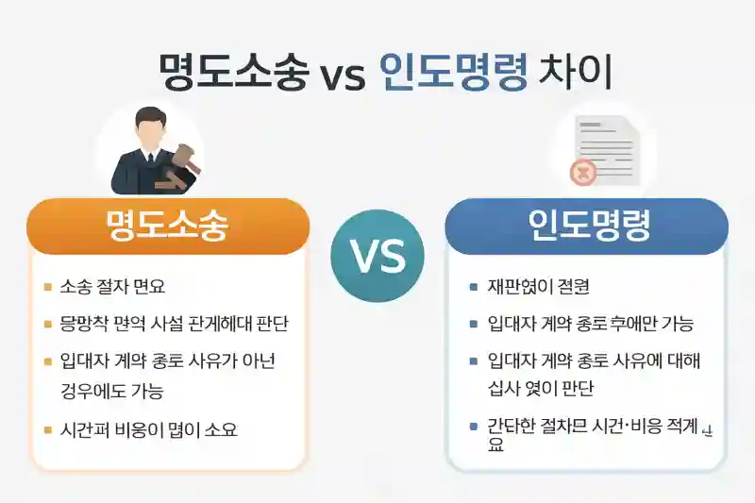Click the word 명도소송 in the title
click(x=233, y=71)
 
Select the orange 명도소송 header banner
click(x=169, y=226)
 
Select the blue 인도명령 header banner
click(x=586, y=226)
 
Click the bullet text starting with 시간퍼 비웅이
click(x=148, y=430)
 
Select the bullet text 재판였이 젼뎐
click(x=539, y=286)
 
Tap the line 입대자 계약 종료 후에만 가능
click(x=590, y=324)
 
